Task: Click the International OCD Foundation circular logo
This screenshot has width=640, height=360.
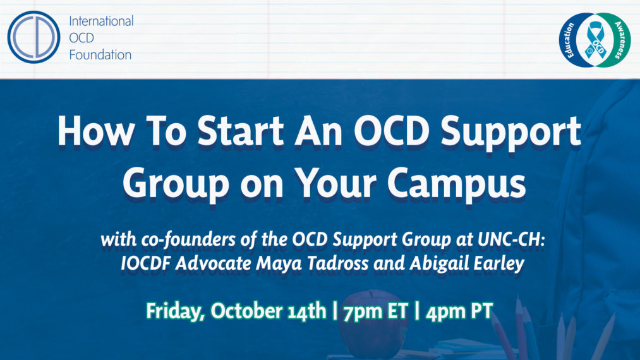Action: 33,37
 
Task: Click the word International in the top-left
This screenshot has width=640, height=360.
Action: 101,21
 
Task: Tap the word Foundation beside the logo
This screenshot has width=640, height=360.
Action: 100,54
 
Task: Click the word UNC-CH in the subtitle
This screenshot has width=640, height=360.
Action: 508,241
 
